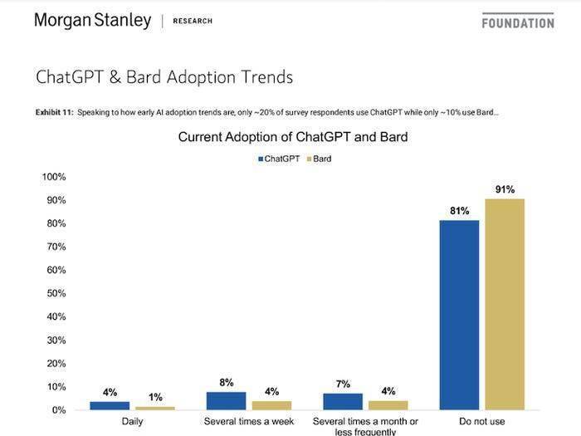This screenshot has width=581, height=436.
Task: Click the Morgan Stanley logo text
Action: (92, 20)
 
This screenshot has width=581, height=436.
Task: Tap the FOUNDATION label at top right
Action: (517, 22)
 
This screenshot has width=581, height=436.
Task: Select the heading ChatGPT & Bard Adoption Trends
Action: (164, 77)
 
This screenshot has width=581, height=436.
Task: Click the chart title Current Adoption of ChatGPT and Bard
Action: (293, 136)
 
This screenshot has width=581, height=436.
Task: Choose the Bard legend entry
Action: (319, 158)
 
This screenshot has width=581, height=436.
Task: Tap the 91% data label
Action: (505, 189)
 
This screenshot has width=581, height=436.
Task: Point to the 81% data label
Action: (459, 211)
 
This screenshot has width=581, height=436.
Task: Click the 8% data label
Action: (226, 383)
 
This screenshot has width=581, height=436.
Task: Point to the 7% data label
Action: (343, 385)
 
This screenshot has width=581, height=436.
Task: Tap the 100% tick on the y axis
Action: (54, 177)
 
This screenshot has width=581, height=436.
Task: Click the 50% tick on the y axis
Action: (56, 293)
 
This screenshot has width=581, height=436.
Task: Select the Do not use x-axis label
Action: (482, 422)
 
